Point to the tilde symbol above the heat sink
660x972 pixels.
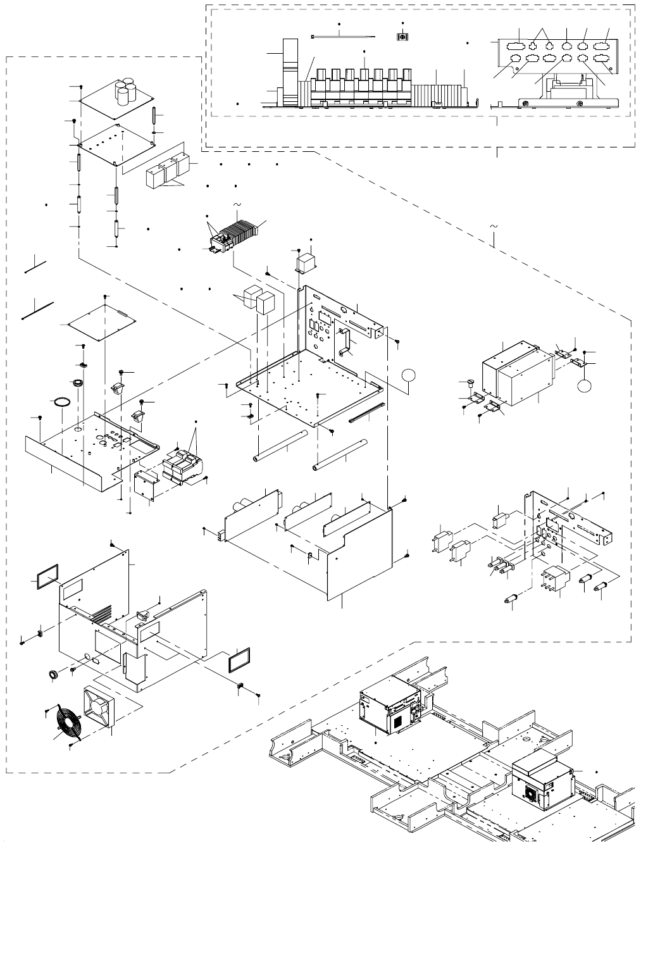(x=237, y=204)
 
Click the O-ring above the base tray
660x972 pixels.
(x=60, y=402)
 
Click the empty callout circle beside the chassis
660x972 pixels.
(x=409, y=377)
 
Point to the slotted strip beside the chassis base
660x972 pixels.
(x=366, y=413)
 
